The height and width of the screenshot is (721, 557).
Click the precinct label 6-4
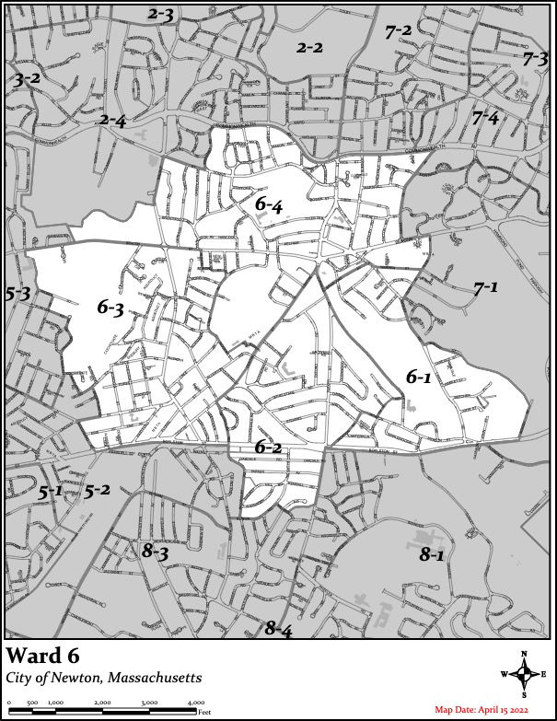pos(269,205)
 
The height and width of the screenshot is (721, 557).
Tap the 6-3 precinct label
pos(110,308)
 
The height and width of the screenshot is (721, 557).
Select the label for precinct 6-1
pos(419,377)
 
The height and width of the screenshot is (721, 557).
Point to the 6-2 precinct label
pos(268,448)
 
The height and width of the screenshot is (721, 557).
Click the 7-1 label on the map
pos(485,289)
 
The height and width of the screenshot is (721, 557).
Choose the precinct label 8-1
pos(432,554)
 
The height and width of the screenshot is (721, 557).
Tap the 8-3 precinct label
pos(154,552)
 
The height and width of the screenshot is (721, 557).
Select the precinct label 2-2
pos(309,47)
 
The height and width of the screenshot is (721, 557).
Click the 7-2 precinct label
pos(399,30)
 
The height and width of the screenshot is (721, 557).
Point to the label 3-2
pos(27,79)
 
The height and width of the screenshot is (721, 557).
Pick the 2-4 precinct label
pos(113,120)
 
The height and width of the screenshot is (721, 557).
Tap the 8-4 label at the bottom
pos(278,630)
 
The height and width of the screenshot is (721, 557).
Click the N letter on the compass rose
pos(524,653)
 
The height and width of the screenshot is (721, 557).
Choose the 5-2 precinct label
pos(98,491)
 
